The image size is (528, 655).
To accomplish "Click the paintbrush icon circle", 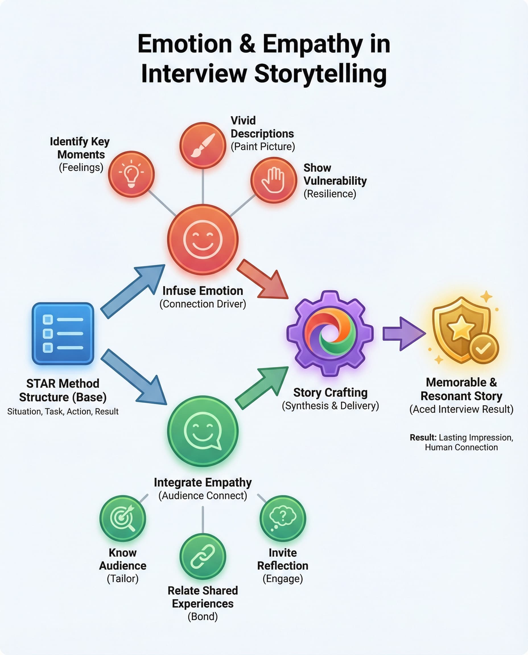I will point(203,145).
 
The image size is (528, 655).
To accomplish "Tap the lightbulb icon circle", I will point(131,174).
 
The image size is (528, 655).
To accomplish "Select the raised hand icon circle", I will point(273,180).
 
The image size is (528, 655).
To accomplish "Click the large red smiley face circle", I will point(203,239).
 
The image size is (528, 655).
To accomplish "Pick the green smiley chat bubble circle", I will point(203,431).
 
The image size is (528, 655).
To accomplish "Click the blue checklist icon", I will point(63,333).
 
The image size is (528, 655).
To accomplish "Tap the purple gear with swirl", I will point(330,333).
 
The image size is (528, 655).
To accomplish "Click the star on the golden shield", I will point(461,327).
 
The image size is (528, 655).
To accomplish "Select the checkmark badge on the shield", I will point(484,349).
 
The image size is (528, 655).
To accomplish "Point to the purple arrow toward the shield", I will point(403,333).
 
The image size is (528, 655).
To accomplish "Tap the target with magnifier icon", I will point(123,518).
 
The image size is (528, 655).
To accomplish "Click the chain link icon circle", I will point(203,556).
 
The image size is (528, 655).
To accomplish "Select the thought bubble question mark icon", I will point(282,518).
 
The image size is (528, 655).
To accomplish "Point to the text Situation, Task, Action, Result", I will point(63,411).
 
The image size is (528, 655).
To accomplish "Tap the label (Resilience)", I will point(330,194).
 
